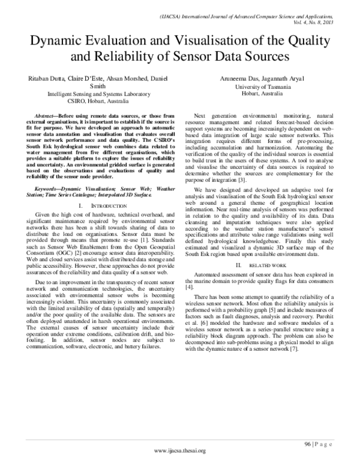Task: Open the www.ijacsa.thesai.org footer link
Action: click(x=180, y=451)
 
